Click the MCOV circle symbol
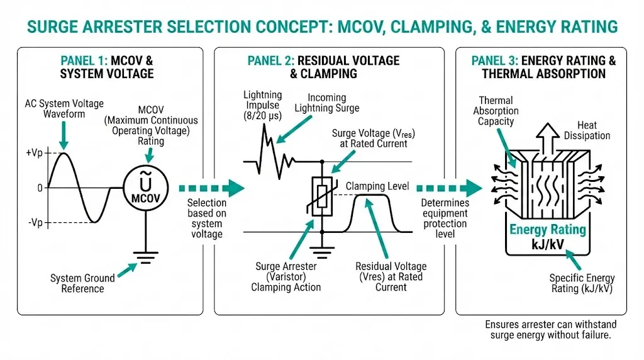[145, 187]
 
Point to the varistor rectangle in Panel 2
[322, 196]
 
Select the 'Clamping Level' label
[377, 186]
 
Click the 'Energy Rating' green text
[547, 230]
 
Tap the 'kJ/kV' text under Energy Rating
[547, 245]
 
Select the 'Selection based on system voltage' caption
[207, 218]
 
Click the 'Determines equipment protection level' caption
[445, 218]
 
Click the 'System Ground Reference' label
[82, 283]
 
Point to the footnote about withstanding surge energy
[550, 330]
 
